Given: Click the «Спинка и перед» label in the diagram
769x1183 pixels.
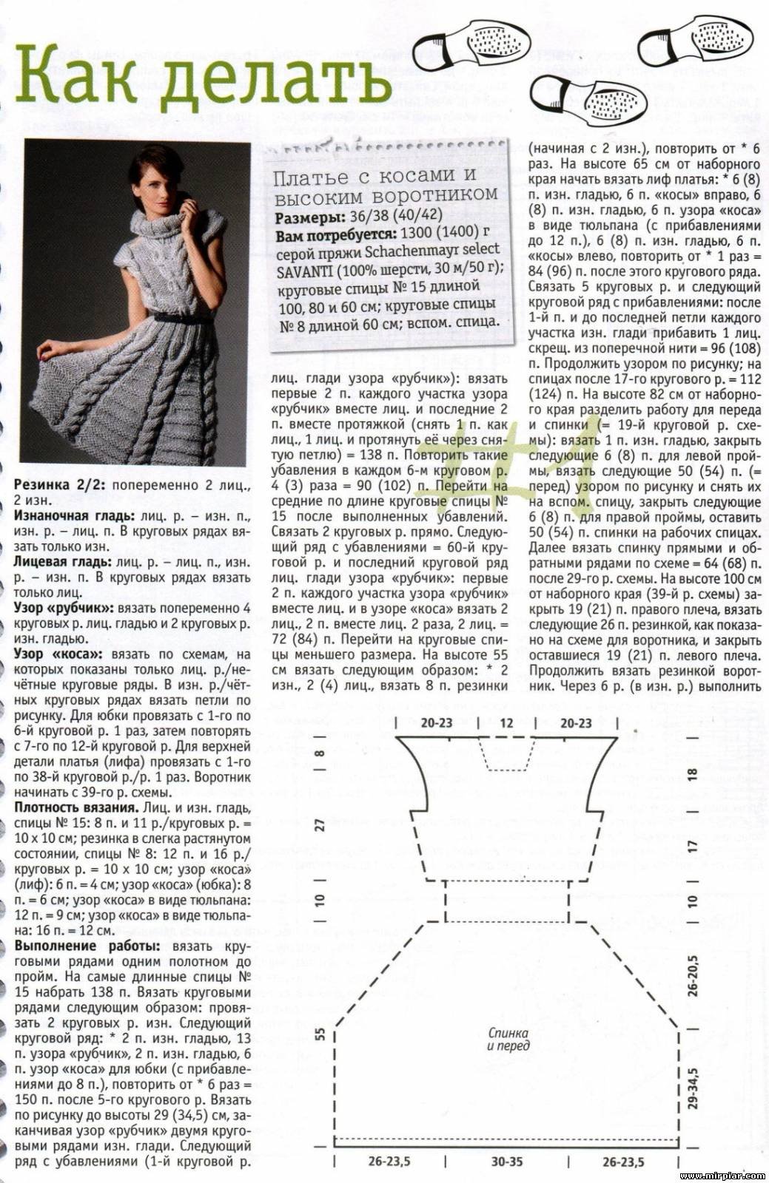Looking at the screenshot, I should click(508, 1039).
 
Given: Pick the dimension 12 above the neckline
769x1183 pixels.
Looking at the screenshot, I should click(506, 724).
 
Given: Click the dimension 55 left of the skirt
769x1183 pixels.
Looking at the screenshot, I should click(320, 1034).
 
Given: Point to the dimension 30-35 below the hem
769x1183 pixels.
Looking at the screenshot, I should click(507, 1162).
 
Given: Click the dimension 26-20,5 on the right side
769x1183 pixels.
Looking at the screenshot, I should click(694, 977).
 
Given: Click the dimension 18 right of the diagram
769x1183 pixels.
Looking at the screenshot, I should click(693, 774).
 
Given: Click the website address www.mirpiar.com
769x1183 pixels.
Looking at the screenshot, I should click(721, 1176).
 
